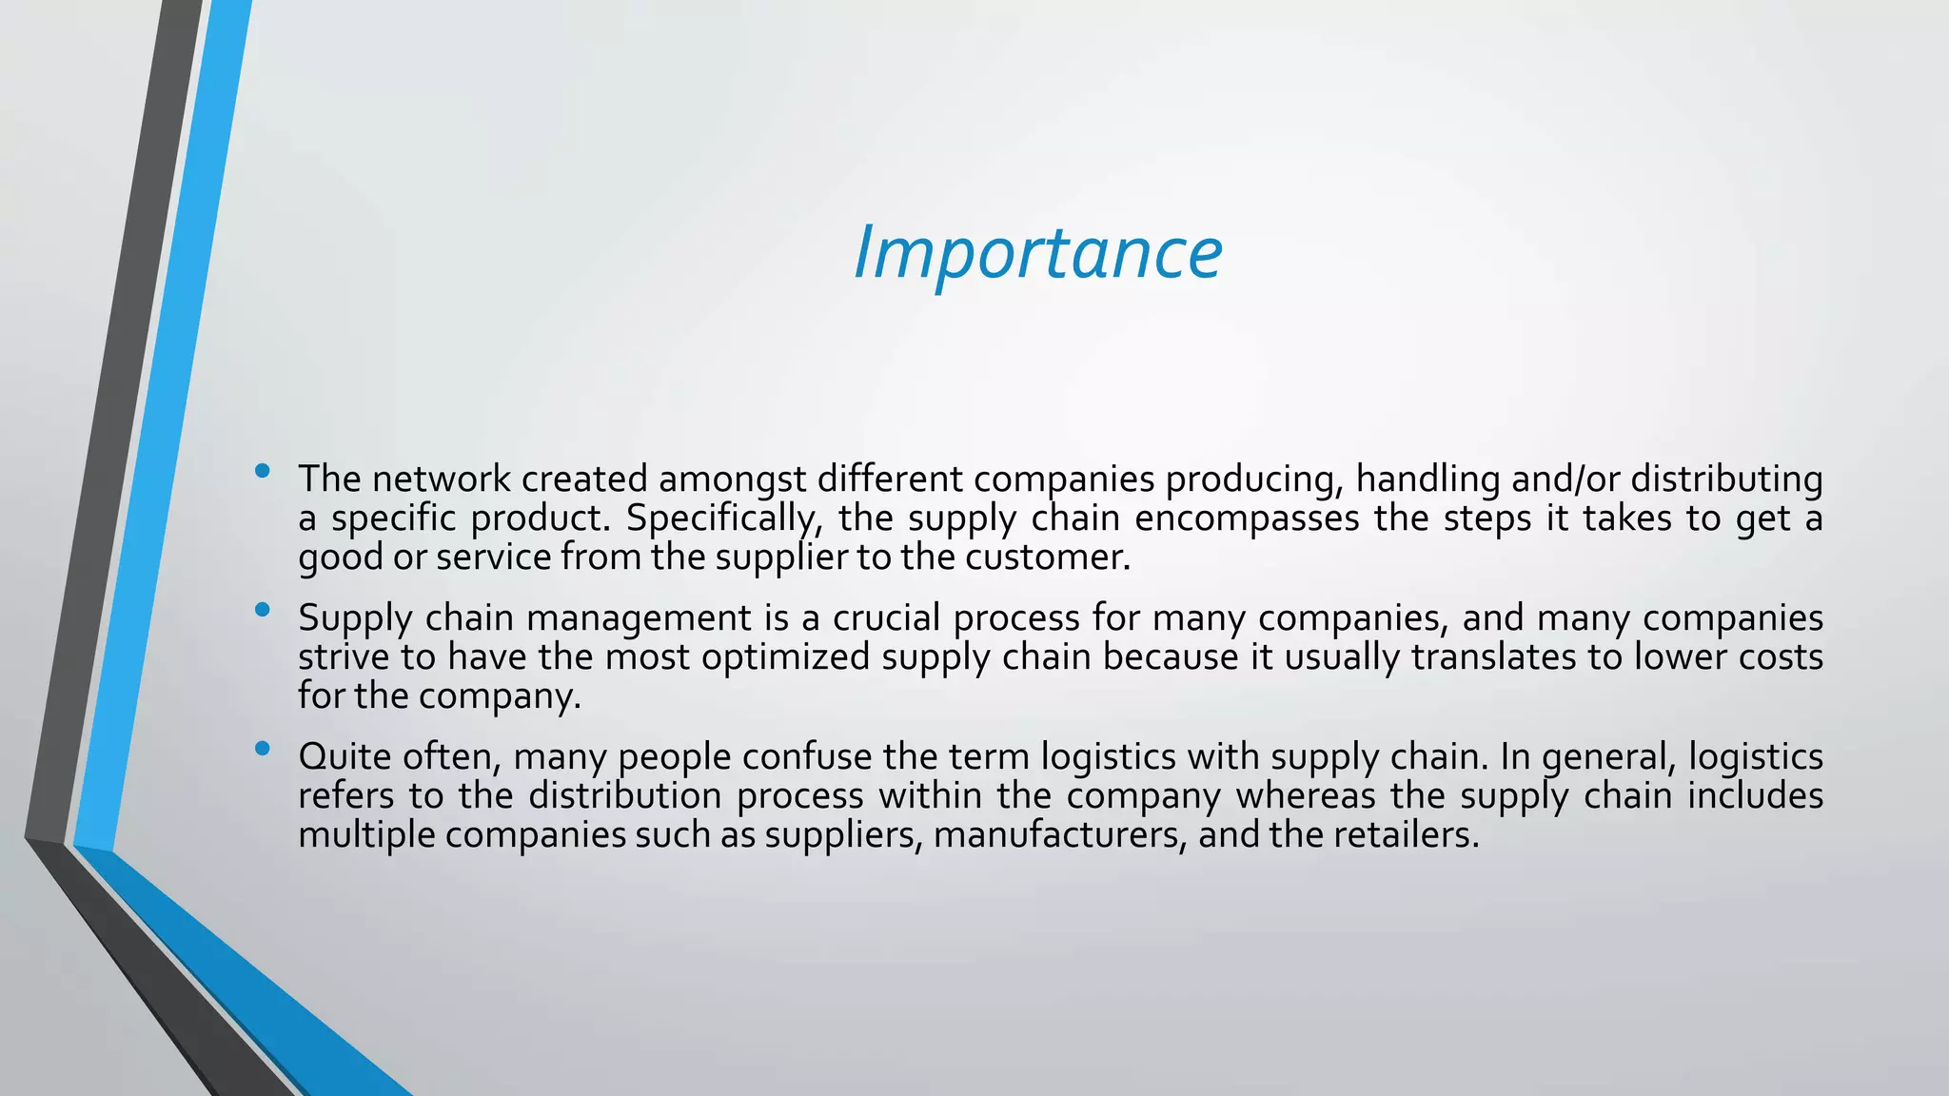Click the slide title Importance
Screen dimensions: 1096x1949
tap(1037, 253)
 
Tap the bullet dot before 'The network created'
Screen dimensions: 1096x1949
tap(263, 470)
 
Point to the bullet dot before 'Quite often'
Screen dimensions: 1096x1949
tap(263, 749)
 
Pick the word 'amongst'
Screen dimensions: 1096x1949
tap(732, 479)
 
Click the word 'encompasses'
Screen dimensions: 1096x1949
tap(1247, 519)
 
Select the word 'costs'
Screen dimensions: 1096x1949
tap(1781, 657)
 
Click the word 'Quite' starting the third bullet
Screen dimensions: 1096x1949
tap(345, 757)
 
